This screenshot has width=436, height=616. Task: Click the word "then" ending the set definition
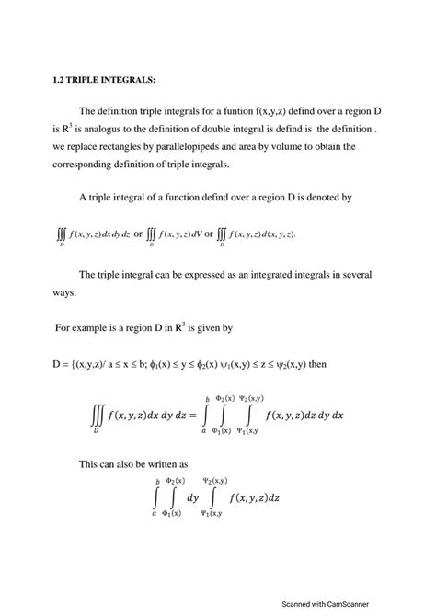click(316, 363)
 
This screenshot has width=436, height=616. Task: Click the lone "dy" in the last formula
click(192, 497)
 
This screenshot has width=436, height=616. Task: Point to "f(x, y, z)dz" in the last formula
click(268, 497)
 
